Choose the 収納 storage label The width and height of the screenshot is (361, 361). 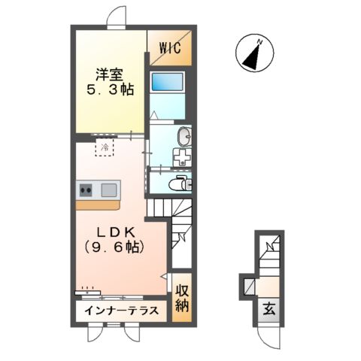click(x=182, y=299)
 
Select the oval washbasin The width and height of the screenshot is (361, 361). click(x=184, y=136)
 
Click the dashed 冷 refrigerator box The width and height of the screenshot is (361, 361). click(x=105, y=147)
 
